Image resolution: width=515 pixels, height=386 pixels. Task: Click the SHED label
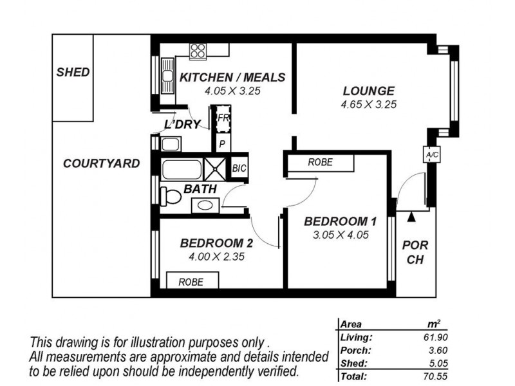click(73, 72)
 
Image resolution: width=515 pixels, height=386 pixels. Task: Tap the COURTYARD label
click(101, 163)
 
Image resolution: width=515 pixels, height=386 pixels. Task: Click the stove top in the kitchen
click(197, 50)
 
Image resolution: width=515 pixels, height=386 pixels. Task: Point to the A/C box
click(430, 155)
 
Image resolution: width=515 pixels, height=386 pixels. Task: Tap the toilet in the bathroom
click(170, 195)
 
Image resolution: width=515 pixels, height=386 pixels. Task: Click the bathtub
click(182, 169)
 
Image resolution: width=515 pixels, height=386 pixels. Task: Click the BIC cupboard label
click(239, 168)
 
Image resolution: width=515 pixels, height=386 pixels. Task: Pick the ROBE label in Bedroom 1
click(320, 163)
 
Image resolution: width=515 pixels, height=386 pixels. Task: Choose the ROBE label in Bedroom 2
click(191, 281)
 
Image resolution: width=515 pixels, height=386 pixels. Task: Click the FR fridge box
click(223, 119)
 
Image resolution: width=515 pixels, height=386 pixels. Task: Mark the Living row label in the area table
click(355, 337)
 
